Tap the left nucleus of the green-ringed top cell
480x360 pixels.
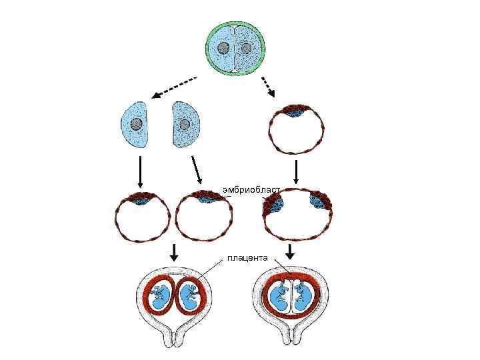click(x=224, y=48)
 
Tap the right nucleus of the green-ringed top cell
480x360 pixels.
click(x=246, y=48)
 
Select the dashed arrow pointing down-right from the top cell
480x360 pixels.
click(x=267, y=86)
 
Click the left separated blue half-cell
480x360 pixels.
click(x=134, y=125)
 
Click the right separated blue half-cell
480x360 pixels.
click(x=186, y=125)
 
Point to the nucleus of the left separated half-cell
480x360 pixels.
click(x=136, y=124)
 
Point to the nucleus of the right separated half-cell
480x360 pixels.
click(x=185, y=124)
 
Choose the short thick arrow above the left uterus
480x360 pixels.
click(x=173, y=252)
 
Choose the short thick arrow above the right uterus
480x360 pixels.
click(x=290, y=252)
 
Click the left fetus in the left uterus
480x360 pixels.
click(x=160, y=297)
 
